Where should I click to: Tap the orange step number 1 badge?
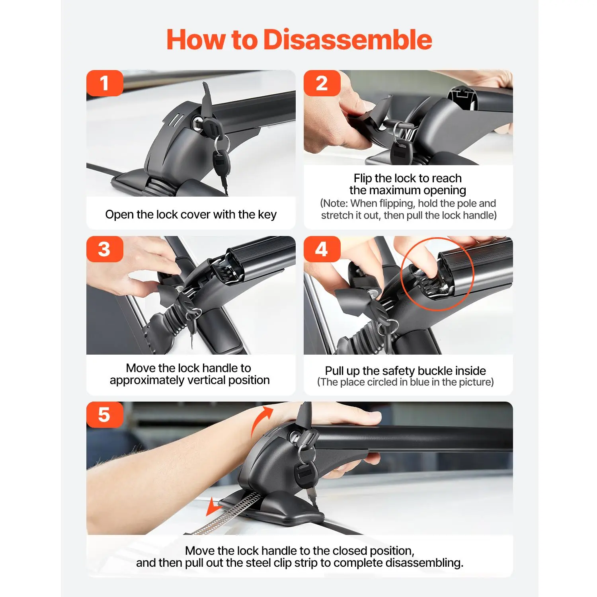point(105,83)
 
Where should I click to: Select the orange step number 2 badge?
point(322,83)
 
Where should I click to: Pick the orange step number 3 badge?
point(105,249)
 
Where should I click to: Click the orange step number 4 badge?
point(322,249)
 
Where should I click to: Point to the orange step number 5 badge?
point(105,415)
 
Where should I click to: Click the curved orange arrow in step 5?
point(261,420)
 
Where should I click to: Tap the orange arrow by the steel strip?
point(214,506)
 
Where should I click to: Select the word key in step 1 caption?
point(267,215)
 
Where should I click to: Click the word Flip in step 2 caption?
point(363,178)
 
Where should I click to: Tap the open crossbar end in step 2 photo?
point(462,98)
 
